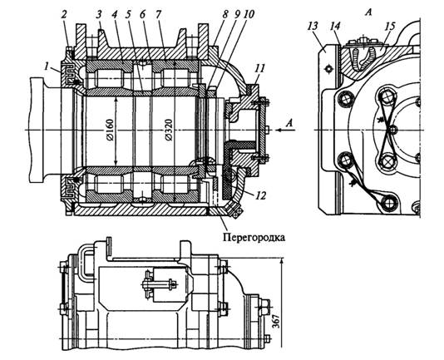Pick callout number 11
click(260, 69)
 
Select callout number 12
click(260, 195)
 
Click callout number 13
click(313, 26)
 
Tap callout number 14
click(335, 26)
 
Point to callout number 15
click(390, 26)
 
